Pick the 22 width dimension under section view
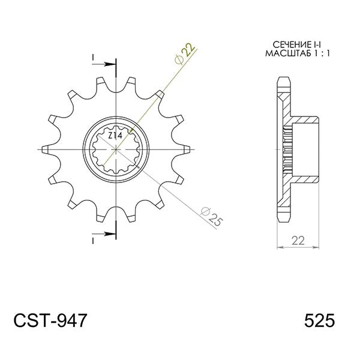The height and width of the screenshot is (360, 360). [297, 241]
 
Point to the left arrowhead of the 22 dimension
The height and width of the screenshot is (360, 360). [278, 247]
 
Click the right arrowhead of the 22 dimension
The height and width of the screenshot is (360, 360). [317, 247]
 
